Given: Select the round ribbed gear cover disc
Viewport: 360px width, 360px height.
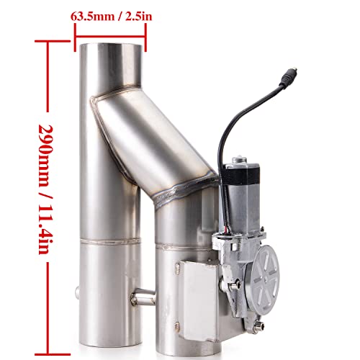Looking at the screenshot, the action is [266, 275].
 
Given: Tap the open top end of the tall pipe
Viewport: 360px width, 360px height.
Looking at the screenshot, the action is [110, 47].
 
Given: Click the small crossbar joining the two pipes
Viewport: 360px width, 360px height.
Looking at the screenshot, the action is [143, 296].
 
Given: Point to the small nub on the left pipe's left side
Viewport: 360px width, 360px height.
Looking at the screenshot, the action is [77, 292].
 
